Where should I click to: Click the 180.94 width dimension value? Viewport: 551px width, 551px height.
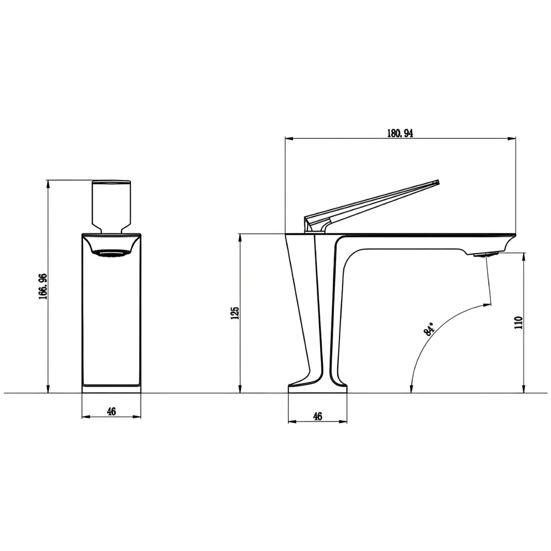pos(401,132)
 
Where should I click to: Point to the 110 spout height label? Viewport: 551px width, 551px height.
pos(518,322)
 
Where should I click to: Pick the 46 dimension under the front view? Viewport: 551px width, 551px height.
pos(111,411)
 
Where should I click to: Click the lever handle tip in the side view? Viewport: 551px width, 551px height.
pos(436,182)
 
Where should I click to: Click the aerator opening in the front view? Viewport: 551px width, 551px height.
pos(112,253)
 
